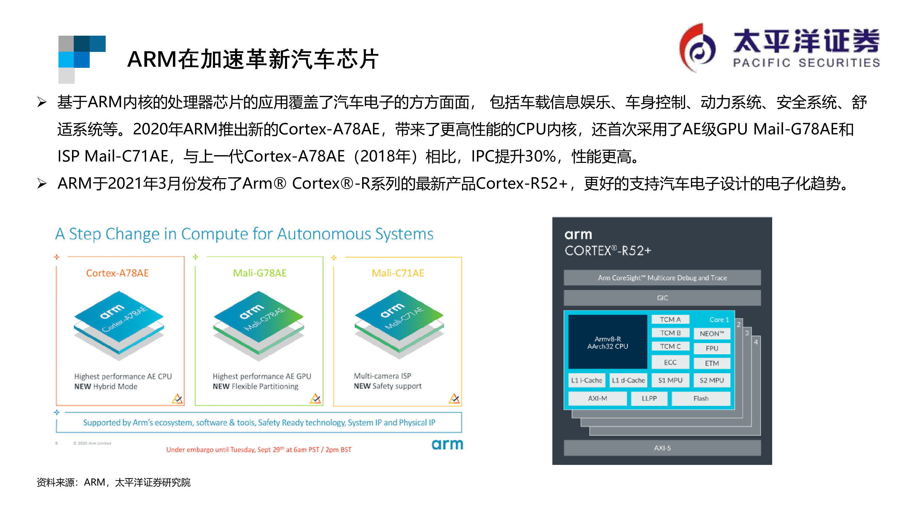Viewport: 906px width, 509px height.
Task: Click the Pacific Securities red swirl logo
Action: (x=696, y=48)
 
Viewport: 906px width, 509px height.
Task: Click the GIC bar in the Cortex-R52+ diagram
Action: (x=662, y=298)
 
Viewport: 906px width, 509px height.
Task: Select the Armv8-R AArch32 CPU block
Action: (x=607, y=342)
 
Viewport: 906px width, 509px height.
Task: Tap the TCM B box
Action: (x=670, y=333)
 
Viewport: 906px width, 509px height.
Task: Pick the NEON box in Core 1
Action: (x=711, y=333)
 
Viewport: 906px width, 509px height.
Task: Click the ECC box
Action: (x=670, y=362)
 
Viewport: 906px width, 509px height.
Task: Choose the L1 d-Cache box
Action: (x=628, y=380)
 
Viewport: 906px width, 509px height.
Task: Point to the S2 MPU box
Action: (x=711, y=380)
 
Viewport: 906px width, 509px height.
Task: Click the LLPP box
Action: (x=649, y=398)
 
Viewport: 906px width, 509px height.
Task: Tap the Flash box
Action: (x=700, y=398)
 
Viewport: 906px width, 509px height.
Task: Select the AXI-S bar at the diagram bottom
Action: (x=662, y=448)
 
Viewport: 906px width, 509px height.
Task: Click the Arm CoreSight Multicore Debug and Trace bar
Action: (x=662, y=278)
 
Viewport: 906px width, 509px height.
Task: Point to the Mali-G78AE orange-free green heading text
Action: (x=260, y=273)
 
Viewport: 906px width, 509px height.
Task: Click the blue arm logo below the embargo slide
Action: (x=447, y=445)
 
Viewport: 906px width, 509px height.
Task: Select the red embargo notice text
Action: (x=259, y=449)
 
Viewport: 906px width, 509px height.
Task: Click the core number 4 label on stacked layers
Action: (x=756, y=342)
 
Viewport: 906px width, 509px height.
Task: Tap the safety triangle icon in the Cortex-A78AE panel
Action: (x=177, y=398)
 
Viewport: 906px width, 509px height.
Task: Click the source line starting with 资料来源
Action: (x=113, y=482)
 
